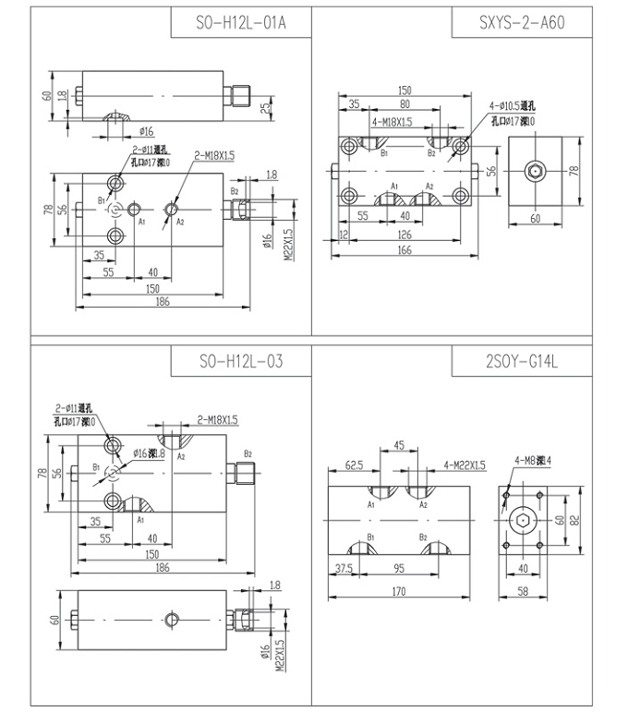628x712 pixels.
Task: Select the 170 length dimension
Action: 401,593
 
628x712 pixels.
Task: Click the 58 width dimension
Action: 524,593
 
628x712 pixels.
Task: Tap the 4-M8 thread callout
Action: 533,460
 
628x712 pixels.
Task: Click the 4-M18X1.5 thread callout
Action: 392,122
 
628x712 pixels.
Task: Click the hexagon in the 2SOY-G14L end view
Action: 524,521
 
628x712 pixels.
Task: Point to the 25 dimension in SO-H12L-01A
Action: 266,110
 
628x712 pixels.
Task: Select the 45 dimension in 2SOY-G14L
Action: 399,446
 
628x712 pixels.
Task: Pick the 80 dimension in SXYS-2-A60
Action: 405,105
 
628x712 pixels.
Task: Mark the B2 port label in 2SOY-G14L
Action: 422,537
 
